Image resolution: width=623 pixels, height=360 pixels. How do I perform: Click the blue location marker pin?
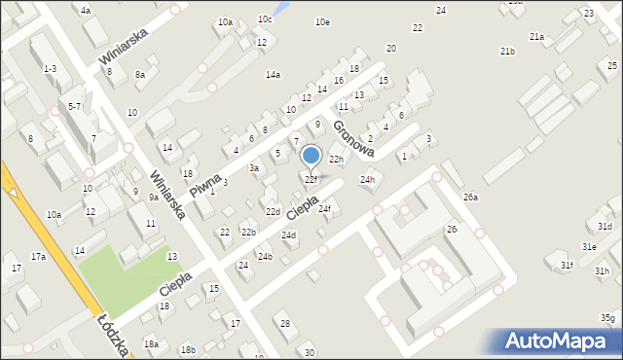(x=311, y=156)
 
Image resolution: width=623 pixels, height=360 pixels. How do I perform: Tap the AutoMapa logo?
(x=560, y=342)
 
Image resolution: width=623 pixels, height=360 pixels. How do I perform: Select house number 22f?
(x=311, y=180)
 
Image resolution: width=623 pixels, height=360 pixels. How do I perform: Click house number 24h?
(x=367, y=180)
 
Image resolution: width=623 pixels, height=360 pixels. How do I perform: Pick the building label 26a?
(x=471, y=198)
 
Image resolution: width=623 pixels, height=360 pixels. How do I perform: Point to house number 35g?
(x=607, y=318)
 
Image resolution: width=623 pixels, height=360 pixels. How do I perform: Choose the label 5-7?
(x=74, y=106)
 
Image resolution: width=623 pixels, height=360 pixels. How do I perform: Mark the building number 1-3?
(x=50, y=68)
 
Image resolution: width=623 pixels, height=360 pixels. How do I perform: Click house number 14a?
(x=273, y=75)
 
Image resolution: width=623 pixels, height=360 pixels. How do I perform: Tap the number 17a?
(x=38, y=257)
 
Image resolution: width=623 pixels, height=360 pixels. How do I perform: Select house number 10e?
(x=322, y=22)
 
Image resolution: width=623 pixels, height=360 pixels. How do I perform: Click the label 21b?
(x=507, y=51)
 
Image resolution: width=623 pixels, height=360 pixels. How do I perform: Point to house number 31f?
(x=567, y=265)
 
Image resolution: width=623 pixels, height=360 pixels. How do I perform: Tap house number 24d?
(x=288, y=235)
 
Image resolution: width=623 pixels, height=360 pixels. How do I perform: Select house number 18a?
(x=151, y=343)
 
